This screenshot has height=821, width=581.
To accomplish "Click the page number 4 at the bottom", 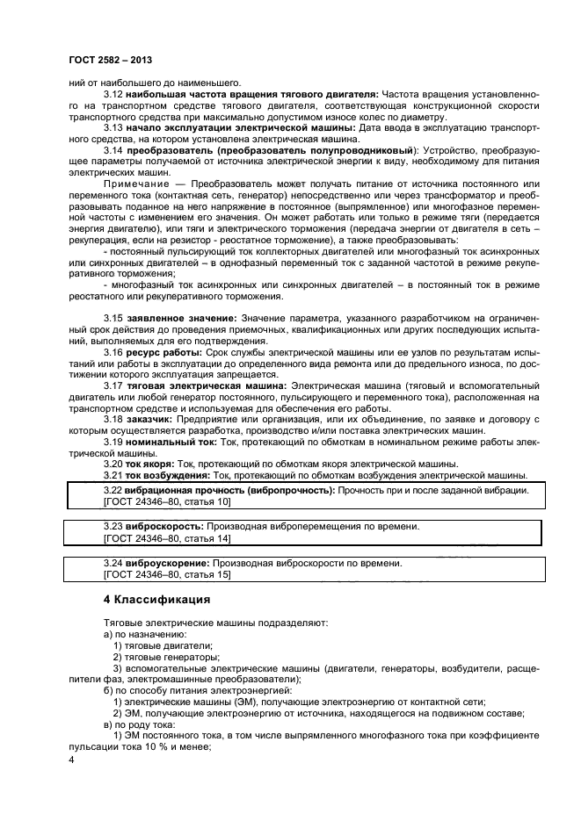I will [x=71, y=760].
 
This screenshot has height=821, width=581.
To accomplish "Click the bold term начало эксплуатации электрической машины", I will [x=240, y=127].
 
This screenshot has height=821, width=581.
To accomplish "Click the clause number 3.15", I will [x=113, y=317].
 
